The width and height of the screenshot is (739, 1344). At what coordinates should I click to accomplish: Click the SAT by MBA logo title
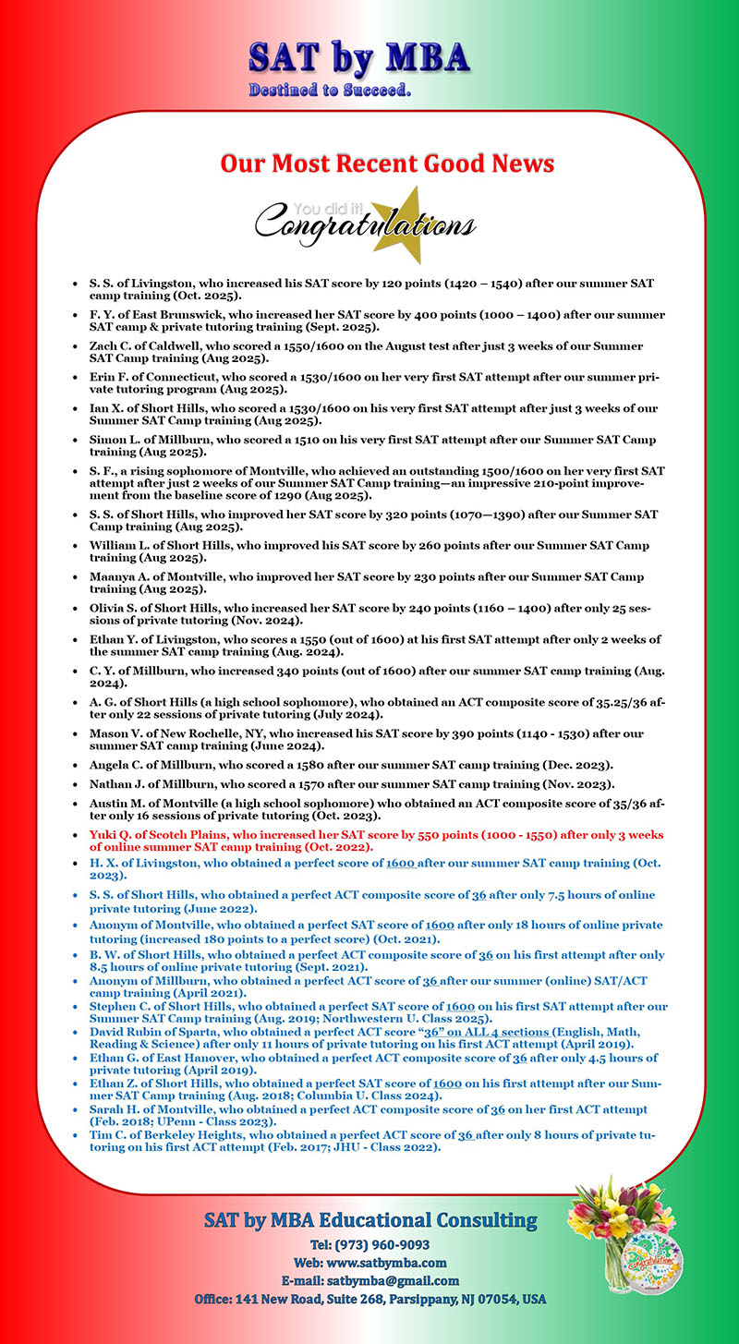[358, 57]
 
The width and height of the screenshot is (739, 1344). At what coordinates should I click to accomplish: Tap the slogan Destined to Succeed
[330, 91]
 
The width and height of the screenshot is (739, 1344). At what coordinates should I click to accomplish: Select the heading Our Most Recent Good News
[387, 164]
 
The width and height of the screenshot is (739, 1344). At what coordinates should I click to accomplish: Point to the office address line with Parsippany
[369, 1299]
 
